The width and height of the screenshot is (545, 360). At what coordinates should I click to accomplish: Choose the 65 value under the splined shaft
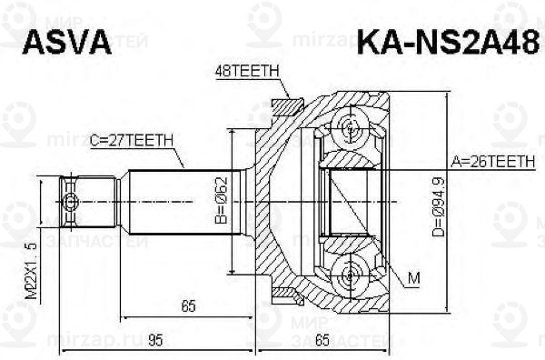click(188, 306)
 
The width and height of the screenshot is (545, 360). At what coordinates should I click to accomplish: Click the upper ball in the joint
click(352, 127)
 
